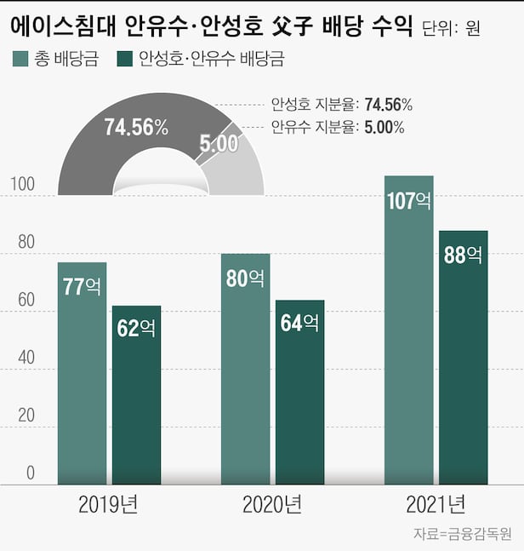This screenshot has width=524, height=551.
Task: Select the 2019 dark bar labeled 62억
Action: [137, 395]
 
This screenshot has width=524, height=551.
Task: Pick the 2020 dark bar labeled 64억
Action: [299, 392]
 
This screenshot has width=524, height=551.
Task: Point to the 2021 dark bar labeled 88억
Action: [463, 358]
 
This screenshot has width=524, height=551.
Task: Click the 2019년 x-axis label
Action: [108, 506]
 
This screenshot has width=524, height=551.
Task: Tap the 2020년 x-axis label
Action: [272, 506]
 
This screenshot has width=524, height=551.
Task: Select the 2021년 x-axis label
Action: [436, 506]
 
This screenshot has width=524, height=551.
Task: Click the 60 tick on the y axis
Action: [26, 301]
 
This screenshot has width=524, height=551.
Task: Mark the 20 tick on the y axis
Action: [26, 416]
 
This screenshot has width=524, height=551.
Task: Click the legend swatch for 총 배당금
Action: [20, 60]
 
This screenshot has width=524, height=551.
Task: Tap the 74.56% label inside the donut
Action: [136, 129]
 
